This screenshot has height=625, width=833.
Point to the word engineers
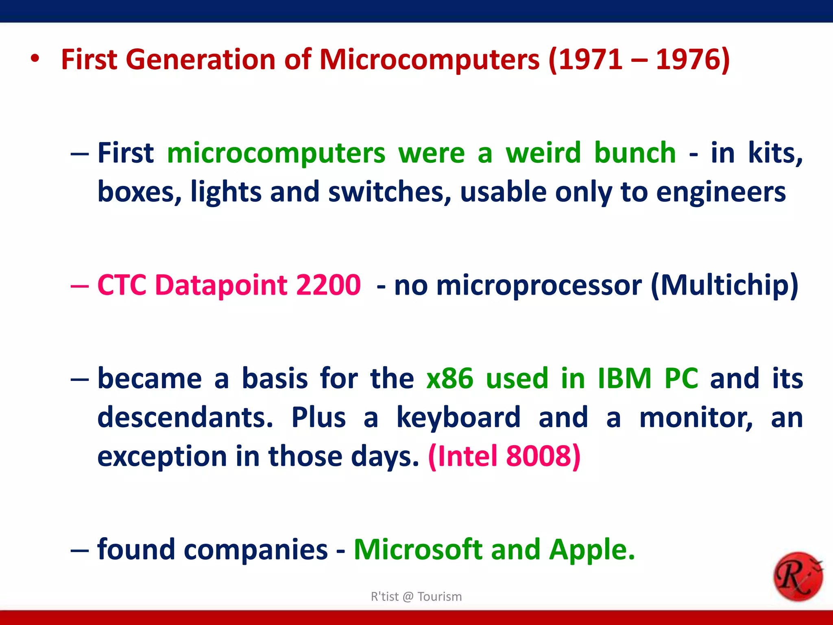coord(721,192)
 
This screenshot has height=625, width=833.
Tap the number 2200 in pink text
coord(328,284)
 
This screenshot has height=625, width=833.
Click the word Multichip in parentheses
coord(724,284)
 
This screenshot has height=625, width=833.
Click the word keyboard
coord(458,417)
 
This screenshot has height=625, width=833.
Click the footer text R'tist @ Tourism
coord(416,597)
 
